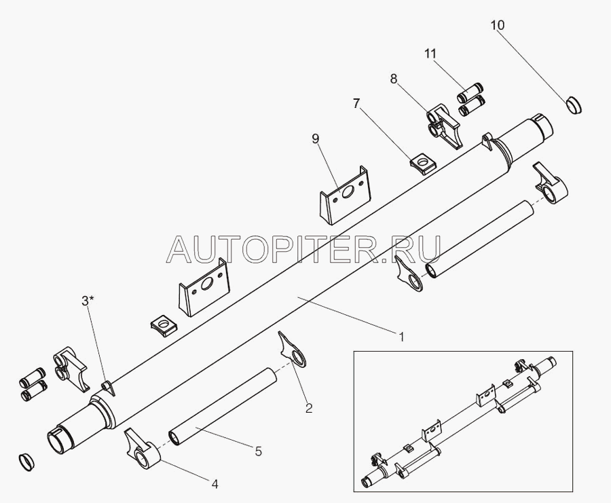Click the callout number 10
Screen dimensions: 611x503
tap(497, 25)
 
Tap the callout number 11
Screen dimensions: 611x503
tap(430, 54)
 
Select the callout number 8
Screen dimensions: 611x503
tap(394, 79)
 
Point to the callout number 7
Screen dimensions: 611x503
tap(356, 104)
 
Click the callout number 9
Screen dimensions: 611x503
tap(316, 138)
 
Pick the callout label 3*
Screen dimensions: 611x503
tap(88, 301)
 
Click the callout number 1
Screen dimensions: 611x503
tap(401, 336)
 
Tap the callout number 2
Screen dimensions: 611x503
tap(309, 408)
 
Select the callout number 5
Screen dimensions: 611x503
tap(259, 451)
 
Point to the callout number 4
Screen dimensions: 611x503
tap(215, 484)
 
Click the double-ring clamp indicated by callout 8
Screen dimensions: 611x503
tap(444, 125)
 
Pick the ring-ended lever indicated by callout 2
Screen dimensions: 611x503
tap(293, 350)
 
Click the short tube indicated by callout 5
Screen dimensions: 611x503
tap(223, 406)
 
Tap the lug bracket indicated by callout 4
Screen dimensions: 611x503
tap(142, 448)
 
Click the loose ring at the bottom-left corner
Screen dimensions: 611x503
tap(26, 462)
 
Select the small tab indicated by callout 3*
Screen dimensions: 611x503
tap(108, 388)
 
